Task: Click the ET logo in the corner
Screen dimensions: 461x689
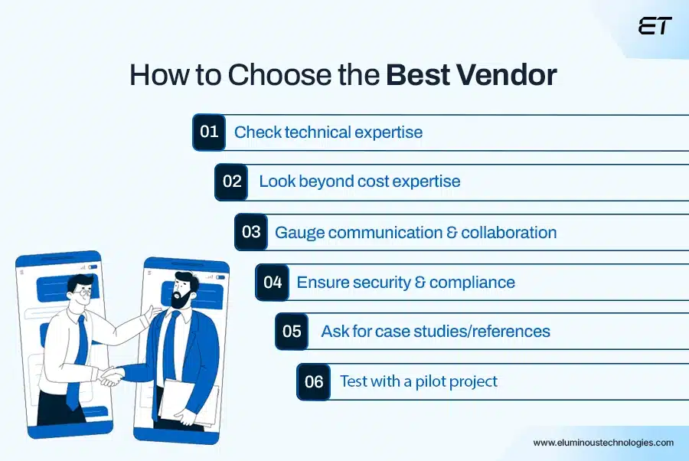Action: point(655,26)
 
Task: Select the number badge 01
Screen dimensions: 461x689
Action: point(209,132)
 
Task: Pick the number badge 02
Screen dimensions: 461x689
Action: point(231,181)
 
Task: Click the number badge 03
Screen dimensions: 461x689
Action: point(251,231)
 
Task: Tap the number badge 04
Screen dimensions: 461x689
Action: point(273,282)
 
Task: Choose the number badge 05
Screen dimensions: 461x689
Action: point(292,332)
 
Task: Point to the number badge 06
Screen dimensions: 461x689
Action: point(314,381)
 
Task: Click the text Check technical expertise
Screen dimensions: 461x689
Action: point(328,132)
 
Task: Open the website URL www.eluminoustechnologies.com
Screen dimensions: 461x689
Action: point(603,443)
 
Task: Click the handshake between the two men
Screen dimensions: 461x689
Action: point(112,376)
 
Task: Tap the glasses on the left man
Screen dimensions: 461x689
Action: point(81,292)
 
